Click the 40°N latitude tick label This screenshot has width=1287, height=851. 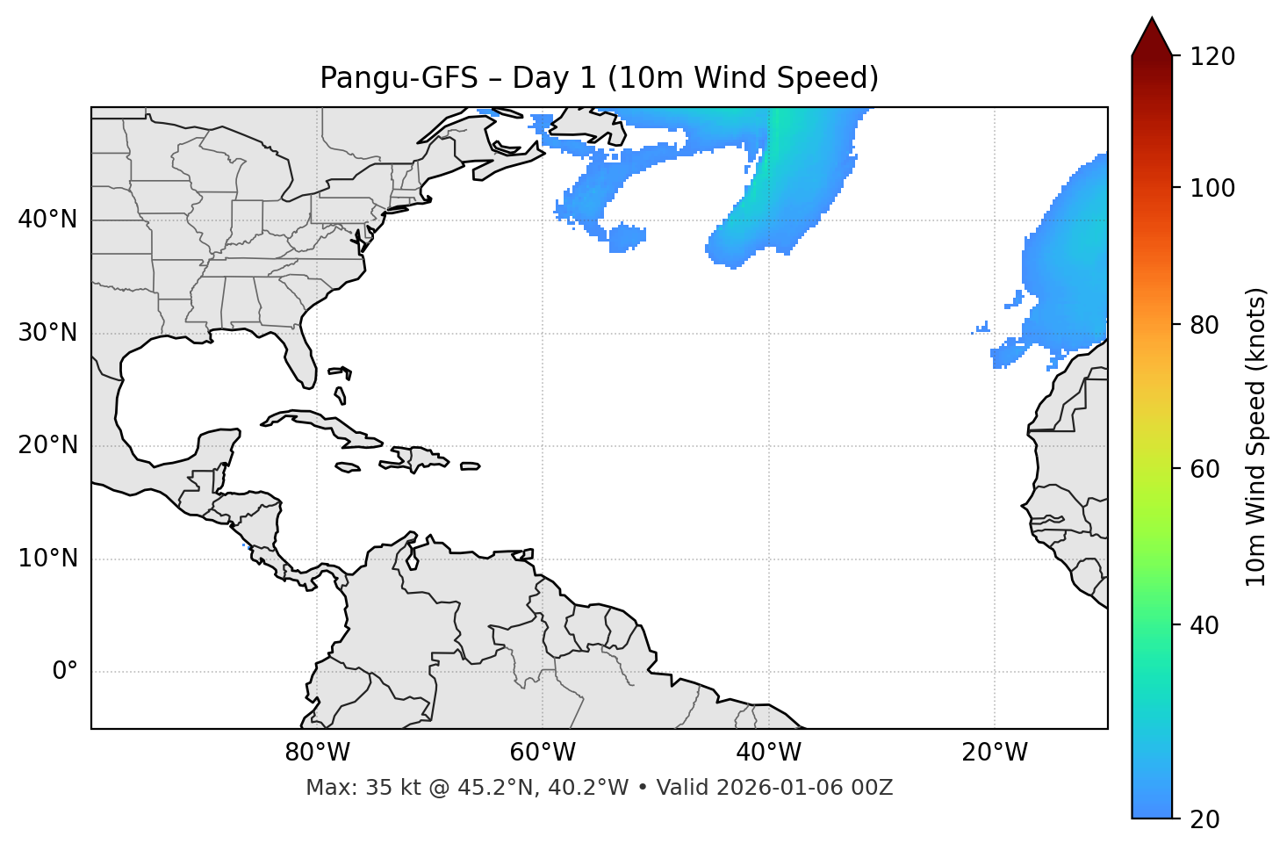coord(47,220)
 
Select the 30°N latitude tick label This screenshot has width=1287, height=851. coord(47,333)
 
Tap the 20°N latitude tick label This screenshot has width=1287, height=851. coord(47,445)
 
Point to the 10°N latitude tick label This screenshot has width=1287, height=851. coord(47,559)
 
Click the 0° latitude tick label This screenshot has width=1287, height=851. coord(65,672)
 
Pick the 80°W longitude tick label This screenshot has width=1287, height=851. coord(317,753)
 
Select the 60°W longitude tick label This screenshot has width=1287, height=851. coord(543,753)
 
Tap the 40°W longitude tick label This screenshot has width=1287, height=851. coord(768,753)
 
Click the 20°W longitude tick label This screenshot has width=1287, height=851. coord(995,753)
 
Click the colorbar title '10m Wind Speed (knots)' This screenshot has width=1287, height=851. coord(1256,436)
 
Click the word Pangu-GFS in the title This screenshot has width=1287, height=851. coord(399,78)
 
